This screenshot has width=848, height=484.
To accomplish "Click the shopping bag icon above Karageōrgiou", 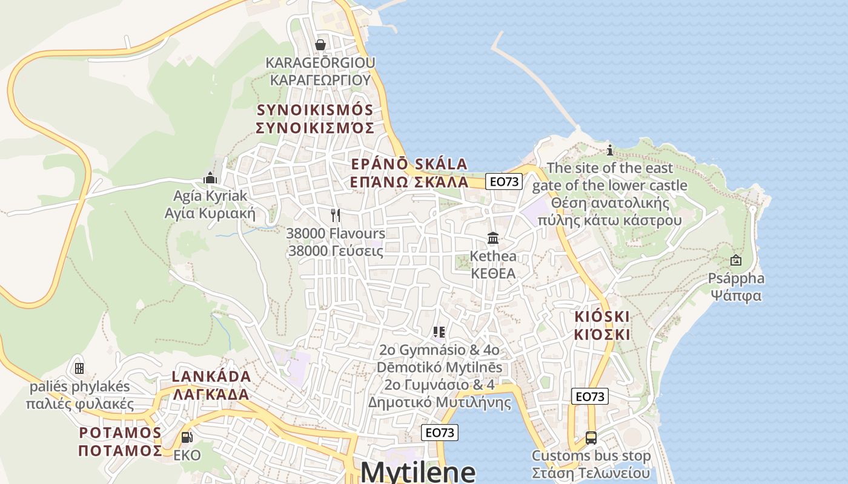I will point(320,45).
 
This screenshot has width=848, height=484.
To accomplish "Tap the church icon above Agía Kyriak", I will point(210,178).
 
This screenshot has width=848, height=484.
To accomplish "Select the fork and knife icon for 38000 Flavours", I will point(336,215).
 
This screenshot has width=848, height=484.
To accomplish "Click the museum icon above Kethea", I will point(493,238).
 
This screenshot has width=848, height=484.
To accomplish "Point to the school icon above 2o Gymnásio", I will point(439,332).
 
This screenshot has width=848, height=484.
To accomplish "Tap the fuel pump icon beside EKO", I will point(187,437).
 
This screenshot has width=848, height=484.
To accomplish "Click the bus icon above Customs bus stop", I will point(591,437).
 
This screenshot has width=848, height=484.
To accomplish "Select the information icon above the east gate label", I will point(610,149).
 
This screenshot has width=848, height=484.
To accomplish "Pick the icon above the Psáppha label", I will point(736,260).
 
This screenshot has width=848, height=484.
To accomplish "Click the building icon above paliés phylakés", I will point(79,368).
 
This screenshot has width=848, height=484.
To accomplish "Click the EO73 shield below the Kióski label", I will point(589,396).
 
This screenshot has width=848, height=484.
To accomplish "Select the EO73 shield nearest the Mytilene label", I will point(440,432).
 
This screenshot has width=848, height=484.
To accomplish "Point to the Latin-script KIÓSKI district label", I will point(601,316).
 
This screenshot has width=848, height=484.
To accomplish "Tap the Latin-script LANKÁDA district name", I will point(211,376).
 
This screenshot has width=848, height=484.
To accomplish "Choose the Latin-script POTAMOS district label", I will point(121,433).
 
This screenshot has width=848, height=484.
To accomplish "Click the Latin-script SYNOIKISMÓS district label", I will point(315,110).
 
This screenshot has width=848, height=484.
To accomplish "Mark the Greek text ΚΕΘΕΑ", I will point(494,273).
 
